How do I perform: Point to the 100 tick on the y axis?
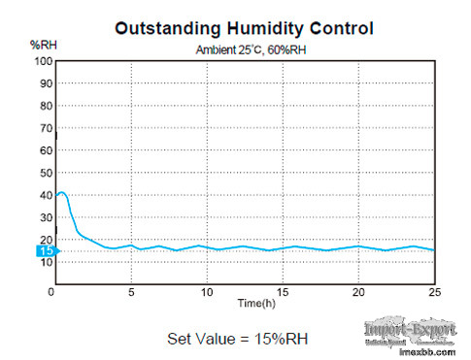click(x=42, y=61)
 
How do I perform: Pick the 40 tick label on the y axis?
click(x=45, y=195)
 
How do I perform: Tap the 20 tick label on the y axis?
click(x=45, y=240)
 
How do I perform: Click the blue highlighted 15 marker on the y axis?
click(x=46, y=251)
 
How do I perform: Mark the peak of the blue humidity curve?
click(x=62, y=192)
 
